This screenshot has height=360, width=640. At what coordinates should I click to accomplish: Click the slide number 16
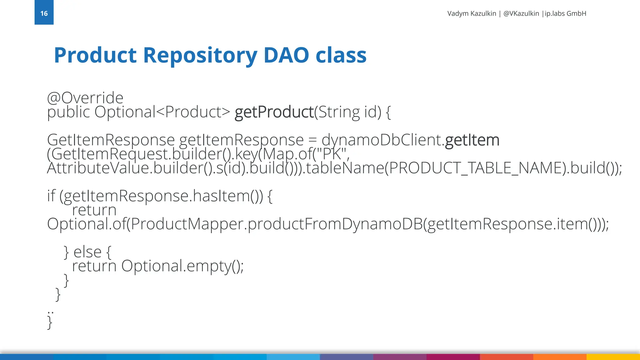pyautogui.click(x=44, y=13)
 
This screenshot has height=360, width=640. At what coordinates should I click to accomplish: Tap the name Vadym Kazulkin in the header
pyautogui.click(x=472, y=13)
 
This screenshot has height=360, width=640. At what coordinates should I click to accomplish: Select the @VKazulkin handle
pyautogui.click(x=521, y=13)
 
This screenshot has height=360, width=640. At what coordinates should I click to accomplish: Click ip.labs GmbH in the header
pyautogui.click(x=565, y=13)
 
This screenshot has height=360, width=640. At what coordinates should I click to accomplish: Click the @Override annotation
pyautogui.click(x=85, y=98)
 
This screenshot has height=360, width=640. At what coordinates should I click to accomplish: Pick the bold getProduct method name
pyautogui.click(x=274, y=112)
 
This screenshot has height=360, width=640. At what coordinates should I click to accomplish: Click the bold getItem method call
pyautogui.click(x=472, y=140)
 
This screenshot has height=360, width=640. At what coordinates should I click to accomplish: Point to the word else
pyautogui.click(x=87, y=252)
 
